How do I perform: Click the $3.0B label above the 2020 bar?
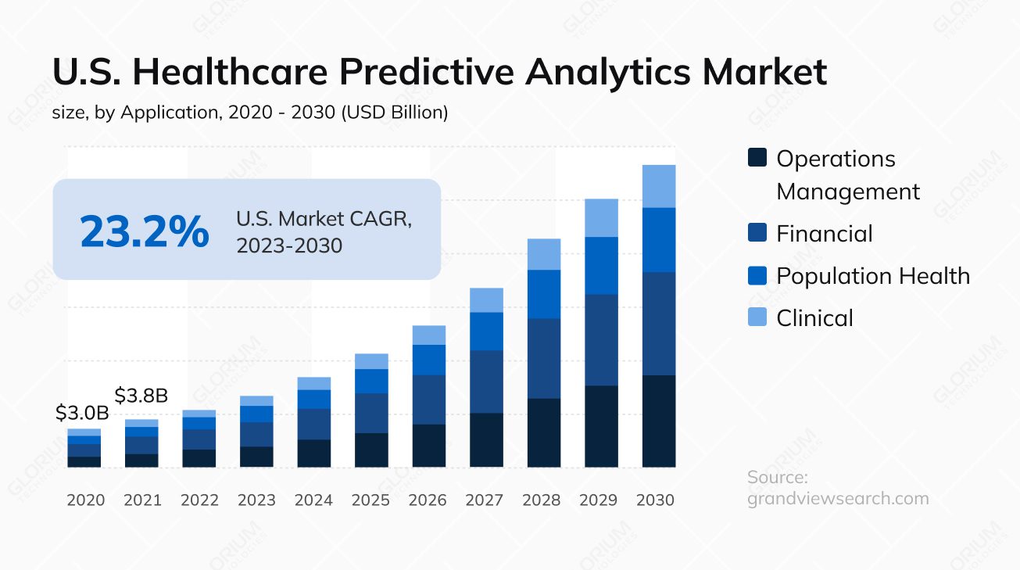(82, 414)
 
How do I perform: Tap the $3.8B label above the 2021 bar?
(141, 395)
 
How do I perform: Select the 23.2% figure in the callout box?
(145, 231)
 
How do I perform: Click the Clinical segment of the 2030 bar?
(659, 186)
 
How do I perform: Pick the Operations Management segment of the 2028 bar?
(544, 432)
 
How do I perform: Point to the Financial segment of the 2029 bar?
(601, 339)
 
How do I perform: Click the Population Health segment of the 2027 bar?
(486, 331)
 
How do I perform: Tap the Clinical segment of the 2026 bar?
(429, 335)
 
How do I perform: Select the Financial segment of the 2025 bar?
(371, 413)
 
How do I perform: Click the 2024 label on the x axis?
(313, 500)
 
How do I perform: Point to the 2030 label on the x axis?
(655, 500)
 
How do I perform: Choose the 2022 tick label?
(199, 500)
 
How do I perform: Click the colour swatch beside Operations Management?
(757, 158)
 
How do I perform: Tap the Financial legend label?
(824, 233)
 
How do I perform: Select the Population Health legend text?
(872, 275)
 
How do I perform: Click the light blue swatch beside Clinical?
(757, 317)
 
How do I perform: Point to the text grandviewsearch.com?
(838, 498)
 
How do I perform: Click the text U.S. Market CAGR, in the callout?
(324, 219)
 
